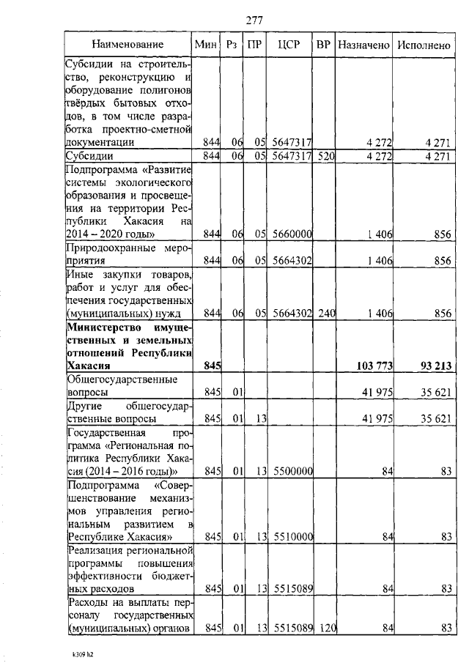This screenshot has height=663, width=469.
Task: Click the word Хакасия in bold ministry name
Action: pos(89,364)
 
